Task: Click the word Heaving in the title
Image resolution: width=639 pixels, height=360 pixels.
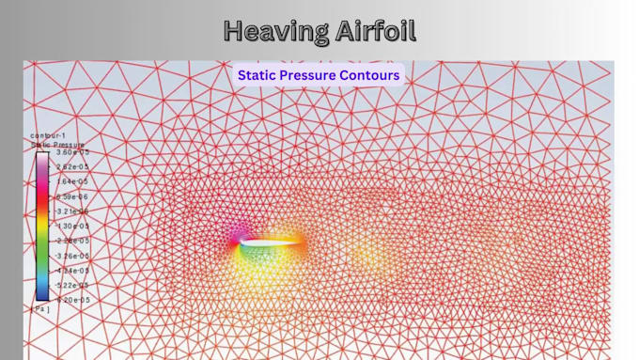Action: click(276, 31)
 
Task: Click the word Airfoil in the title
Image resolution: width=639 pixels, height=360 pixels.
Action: click(374, 31)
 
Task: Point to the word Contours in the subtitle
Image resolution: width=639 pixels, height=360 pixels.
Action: click(370, 75)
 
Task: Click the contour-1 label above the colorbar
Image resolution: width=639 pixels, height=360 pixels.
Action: click(49, 135)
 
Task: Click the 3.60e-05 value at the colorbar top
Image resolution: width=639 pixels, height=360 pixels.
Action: click(71, 151)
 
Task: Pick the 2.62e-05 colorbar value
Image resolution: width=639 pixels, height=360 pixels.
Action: click(71, 166)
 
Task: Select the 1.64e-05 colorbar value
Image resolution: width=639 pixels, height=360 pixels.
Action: click(71, 181)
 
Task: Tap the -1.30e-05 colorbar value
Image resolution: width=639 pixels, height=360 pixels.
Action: click(70, 226)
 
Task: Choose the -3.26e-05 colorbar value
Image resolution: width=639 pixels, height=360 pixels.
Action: click(70, 256)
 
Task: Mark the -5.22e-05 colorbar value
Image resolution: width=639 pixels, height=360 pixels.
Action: click(70, 285)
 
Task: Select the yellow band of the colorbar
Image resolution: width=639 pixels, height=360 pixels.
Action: click(43, 229)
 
